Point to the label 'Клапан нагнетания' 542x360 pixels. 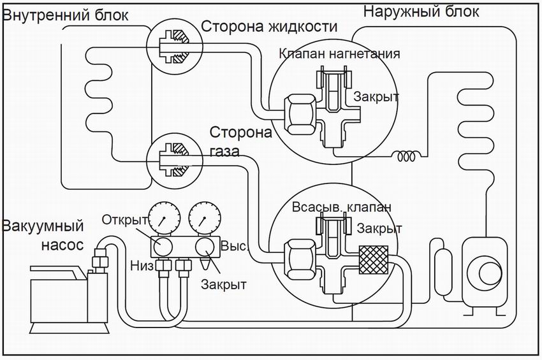[x=340, y=54]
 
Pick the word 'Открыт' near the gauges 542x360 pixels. [x=125, y=220]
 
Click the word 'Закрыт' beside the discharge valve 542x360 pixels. [x=377, y=97]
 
